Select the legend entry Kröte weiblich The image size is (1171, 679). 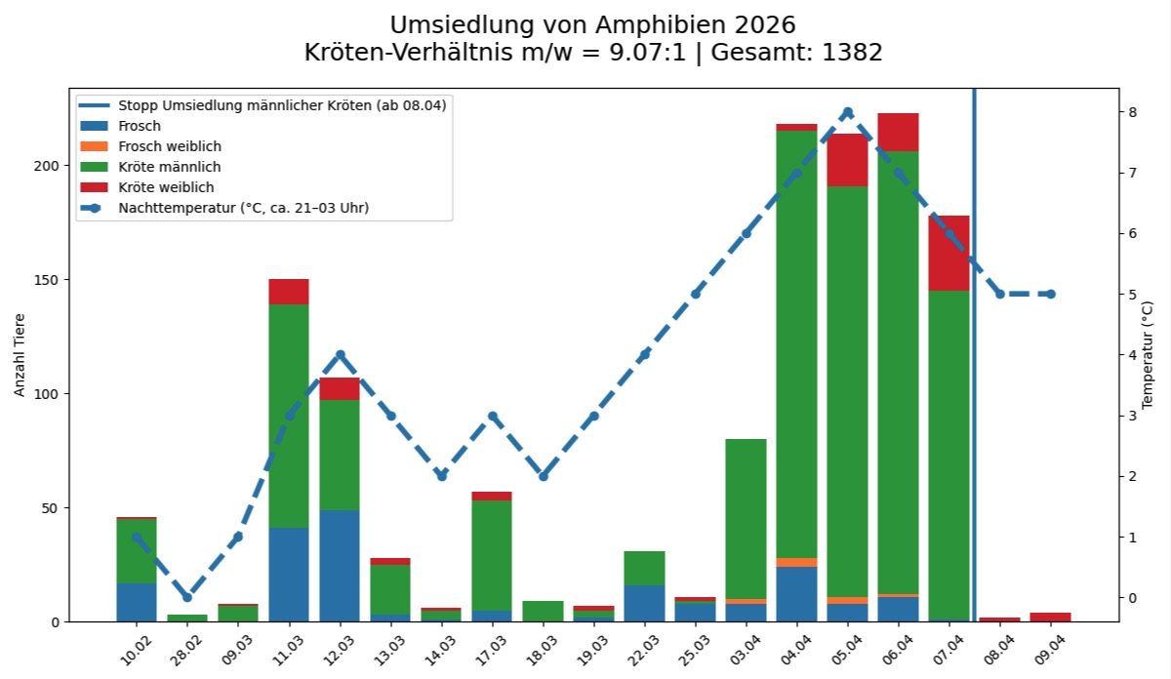point(165,187)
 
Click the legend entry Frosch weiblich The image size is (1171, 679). point(169,146)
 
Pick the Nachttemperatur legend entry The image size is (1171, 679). point(243,208)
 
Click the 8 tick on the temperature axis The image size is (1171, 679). point(1133,112)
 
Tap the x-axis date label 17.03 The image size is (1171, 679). point(489,646)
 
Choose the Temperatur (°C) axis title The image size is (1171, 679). point(1148,355)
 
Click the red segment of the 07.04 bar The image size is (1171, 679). point(949,253)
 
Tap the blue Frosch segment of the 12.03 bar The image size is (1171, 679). point(340,566)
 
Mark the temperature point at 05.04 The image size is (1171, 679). point(847,112)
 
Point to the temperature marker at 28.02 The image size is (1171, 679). point(187,597)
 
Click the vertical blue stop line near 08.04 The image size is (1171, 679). point(974,390)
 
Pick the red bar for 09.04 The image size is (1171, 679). point(1050,617)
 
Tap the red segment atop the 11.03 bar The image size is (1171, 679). point(289,292)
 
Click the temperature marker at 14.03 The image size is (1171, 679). point(441,476)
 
